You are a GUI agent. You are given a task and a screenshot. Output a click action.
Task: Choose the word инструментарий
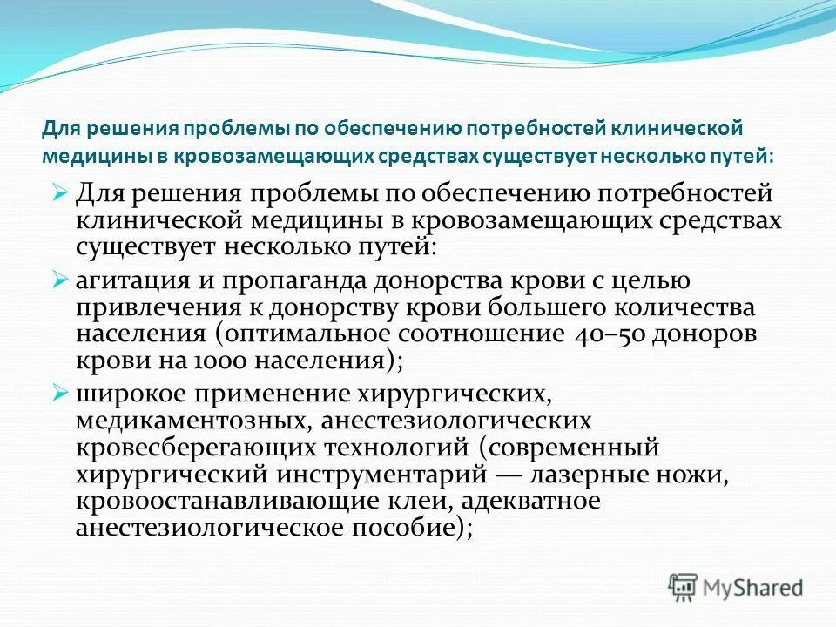tap(385, 475)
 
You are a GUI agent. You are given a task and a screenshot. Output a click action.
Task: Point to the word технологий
tap(399, 448)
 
